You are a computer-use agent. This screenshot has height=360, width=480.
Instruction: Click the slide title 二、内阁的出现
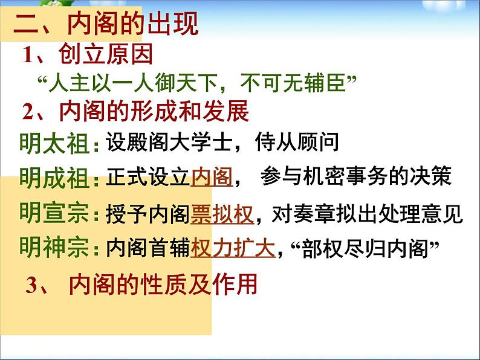pyautogui.click(x=106, y=24)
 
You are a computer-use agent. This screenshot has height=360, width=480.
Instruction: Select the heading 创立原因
pyautogui.click(x=106, y=54)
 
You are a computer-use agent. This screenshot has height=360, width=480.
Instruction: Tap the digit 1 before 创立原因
pyautogui.click(x=28, y=54)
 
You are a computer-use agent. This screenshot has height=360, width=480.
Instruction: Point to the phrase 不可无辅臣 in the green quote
pyautogui.click(x=293, y=83)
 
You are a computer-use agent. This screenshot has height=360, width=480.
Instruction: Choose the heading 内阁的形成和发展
pyautogui.click(x=154, y=111)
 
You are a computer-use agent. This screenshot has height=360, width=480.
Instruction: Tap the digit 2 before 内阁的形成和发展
pyautogui.click(x=28, y=112)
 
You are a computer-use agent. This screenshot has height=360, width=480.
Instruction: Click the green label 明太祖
pyautogui.click(x=54, y=143)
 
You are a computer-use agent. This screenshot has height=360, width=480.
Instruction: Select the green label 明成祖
pyautogui.click(x=54, y=178)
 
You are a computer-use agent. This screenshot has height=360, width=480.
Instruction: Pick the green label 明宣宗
pyautogui.click(x=54, y=213)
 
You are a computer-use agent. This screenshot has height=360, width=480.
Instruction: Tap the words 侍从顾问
pyautogui.click(x=297, y=142)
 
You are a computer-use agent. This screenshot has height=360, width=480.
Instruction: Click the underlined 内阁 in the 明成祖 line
pyautogui.click(x=212, y=176)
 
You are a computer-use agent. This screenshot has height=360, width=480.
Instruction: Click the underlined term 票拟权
pyautogui.click(x=222, y=214)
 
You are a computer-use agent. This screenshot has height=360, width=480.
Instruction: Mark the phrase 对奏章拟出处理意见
pyautogui.click(x=368, y=213)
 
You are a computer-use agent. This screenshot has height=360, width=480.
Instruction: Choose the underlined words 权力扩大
pyautogui.click(x=233, y=248)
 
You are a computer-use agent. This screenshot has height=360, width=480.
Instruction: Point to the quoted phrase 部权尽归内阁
pyautogui.click(x=365, y=248)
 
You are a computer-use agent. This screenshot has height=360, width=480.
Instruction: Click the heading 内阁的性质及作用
pyautogui.click(x=163, y=284)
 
